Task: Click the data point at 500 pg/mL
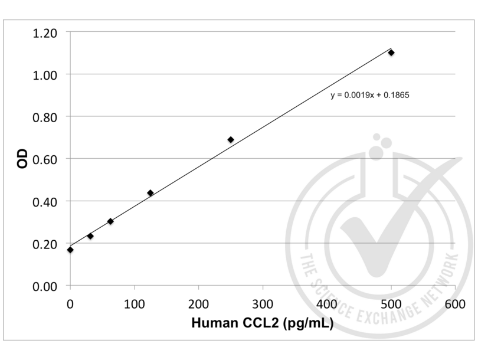point(391,53)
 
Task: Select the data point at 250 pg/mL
point(231,140)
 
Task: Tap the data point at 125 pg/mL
point(150,193)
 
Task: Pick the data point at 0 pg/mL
point(70,250)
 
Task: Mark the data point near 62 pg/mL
point(110,221)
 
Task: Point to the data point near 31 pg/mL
point(90,236)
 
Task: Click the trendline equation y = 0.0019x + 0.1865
point(369,94)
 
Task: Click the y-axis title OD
point(22,159)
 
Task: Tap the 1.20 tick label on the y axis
point(45,32)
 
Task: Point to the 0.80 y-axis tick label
point(45,117)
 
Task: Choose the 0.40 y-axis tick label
point(45,201)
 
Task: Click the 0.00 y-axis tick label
point(45,286)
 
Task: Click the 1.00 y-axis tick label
point(45,74)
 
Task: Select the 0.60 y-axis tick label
point(45,159)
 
